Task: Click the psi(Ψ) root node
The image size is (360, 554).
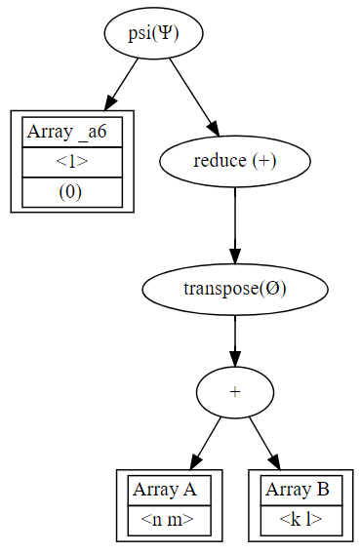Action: tap(152, 33)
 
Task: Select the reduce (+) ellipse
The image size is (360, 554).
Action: tap(234, 161)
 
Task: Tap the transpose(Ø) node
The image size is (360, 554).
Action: tap(234, 289)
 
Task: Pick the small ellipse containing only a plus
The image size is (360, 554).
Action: tap(234, 390)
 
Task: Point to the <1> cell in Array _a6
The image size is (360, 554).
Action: tap(71, 162)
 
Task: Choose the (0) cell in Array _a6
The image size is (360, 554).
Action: tap(71, 192)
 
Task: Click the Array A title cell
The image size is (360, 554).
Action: tap(169, 491)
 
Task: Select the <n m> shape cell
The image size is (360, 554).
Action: tap(169, 520)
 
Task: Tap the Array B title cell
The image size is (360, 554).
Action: tap(300, 491)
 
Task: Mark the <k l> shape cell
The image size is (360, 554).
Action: tap(300, 520)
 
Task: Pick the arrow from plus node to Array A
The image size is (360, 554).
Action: tap(206, 442)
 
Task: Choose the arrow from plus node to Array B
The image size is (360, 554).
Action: tap(263, 442)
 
